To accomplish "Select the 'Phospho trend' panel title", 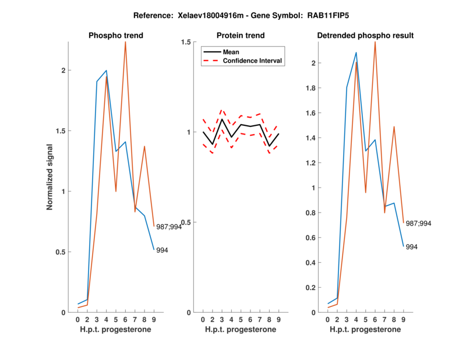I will tap(116, 36).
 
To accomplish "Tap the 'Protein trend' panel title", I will tap(241, 36).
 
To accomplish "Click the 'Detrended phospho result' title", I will tap(365, 36).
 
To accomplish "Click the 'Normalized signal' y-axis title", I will tap(50, 178).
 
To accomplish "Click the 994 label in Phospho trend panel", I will tap(163, 250).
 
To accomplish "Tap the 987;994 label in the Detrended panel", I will tap(419, 223).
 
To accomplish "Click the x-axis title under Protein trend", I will tap(241, 330).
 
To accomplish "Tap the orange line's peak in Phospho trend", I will tap(125, 42).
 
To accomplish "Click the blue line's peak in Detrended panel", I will tap(356, 52).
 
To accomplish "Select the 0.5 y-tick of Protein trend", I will tap(186, 223).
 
